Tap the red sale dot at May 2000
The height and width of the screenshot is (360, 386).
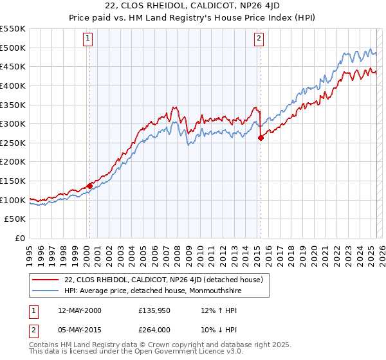[x=89, y=186]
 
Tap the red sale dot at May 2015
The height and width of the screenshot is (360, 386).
[x=261, y=137]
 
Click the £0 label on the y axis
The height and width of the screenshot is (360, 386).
[x=19, y=238]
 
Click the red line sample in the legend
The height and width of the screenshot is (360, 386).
[x=45, y=280]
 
